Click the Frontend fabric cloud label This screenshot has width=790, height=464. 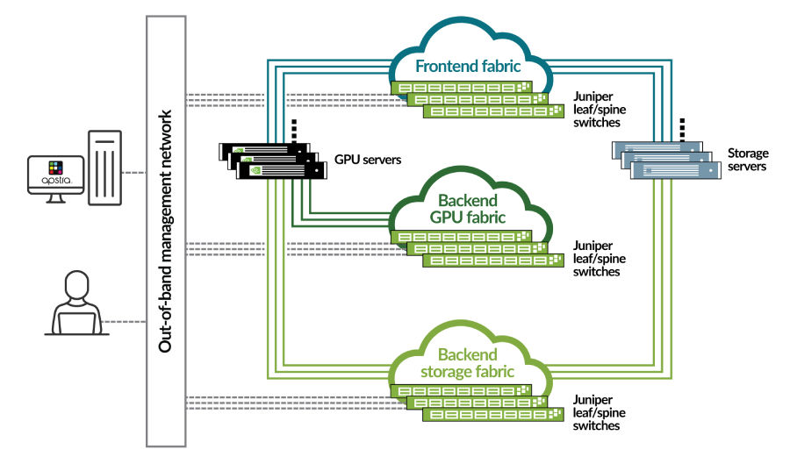[470, 67]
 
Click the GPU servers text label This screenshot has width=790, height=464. [368, 160]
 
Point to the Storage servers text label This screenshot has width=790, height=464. [747, 160]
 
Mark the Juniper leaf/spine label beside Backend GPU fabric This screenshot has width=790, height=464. [597, 259]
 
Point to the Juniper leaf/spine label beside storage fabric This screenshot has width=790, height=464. [597, 412]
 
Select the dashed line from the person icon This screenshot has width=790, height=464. [123, 322]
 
